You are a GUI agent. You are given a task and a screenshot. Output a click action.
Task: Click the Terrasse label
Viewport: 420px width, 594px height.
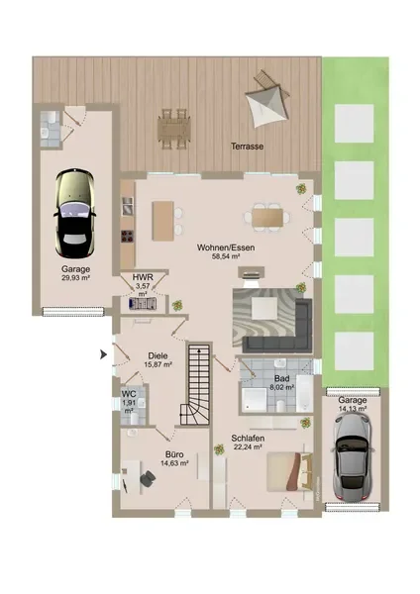pyautogui.click(x=248, y=147)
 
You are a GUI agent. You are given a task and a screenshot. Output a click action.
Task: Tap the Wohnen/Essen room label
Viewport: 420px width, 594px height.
pyautogui.click(x=226, y=247)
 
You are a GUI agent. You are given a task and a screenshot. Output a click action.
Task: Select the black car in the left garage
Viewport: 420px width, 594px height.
pyautogui.click(x=74, y=214)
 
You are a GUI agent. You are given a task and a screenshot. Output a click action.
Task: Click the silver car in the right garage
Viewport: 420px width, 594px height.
pyautogui.click(x=352, y=457)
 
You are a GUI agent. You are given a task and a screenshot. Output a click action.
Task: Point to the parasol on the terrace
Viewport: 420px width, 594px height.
pyautogui.click(x=267, y=103)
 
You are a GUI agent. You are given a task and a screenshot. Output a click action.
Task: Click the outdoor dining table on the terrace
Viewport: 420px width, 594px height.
pyautogui.click(x=174, y=129)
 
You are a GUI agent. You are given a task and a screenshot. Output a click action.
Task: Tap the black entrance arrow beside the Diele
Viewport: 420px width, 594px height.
pyautogui.click(x=103, y=355)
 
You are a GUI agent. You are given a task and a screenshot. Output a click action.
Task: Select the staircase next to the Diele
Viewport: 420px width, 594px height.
pyautogui.click(x=196, y=383)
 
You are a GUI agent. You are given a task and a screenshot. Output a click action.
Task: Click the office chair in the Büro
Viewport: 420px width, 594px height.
pyautogui.click(x=148, y=478)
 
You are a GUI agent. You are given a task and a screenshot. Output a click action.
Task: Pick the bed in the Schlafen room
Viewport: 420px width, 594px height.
pyautogui.click(x=289, y=471)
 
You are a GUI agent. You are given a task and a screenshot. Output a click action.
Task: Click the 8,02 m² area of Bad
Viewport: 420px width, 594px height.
pyautogui.click(x=282, y=387)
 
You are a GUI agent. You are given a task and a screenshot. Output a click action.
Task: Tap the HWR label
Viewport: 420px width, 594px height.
pyautogui.click(x=143, y=277)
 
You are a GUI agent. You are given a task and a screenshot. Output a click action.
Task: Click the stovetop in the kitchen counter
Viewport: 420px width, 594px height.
pyautogui.click(x=128, y=236)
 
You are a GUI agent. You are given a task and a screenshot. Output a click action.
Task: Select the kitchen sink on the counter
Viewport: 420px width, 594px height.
pyautogui.click(x=128, y=207)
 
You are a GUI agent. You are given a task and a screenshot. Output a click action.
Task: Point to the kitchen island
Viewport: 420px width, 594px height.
pyautogui.click(x=163, y=221)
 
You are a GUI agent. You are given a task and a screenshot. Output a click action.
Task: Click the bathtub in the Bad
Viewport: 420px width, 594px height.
pyautogui.click(x=304, y=394)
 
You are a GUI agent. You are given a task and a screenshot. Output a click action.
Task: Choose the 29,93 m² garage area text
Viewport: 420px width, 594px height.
pyautogui.click(x=76, y=277)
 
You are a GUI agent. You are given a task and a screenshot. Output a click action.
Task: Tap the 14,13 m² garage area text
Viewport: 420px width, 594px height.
pyautogui.click(x=353, y=409)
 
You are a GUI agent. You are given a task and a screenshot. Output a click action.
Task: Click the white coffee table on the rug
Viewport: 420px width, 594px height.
pyautogui.click(x=264, y=308)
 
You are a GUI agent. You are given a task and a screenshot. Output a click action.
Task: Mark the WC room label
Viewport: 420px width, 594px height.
pyautogui.click(x=129, y=394)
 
